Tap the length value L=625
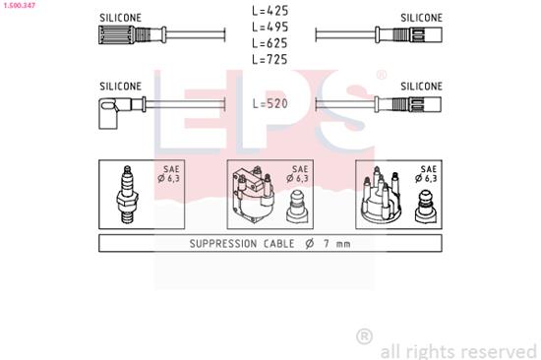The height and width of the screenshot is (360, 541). (270, 44)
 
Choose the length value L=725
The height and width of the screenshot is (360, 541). (270, 60)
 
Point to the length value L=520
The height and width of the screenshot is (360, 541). (270, 102)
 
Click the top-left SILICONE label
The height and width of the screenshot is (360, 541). (121, 18)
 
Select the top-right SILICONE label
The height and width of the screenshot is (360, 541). (421, 18)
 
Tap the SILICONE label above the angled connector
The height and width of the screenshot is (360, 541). (121, 87)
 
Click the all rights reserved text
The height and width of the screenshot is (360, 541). (458, 348)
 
